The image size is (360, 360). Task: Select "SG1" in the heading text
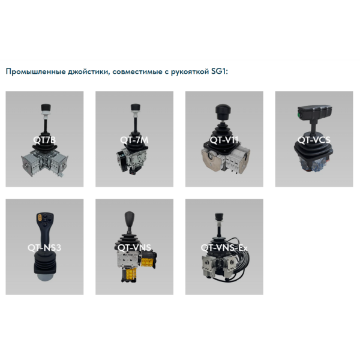220,72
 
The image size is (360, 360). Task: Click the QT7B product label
44,140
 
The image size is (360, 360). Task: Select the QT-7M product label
134,140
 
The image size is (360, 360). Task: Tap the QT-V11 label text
224,140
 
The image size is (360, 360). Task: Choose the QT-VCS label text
314,140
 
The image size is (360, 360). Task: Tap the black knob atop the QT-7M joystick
134,108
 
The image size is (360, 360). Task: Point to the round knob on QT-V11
220,110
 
